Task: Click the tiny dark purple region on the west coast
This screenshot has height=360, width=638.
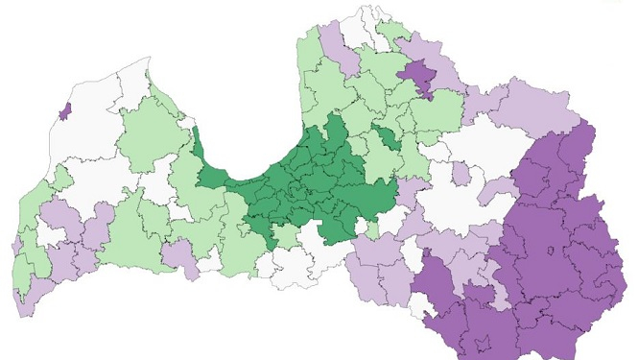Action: [64, 112]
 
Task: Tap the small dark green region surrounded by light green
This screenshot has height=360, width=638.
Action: [386, 137]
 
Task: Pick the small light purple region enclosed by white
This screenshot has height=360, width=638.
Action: [461, 174]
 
